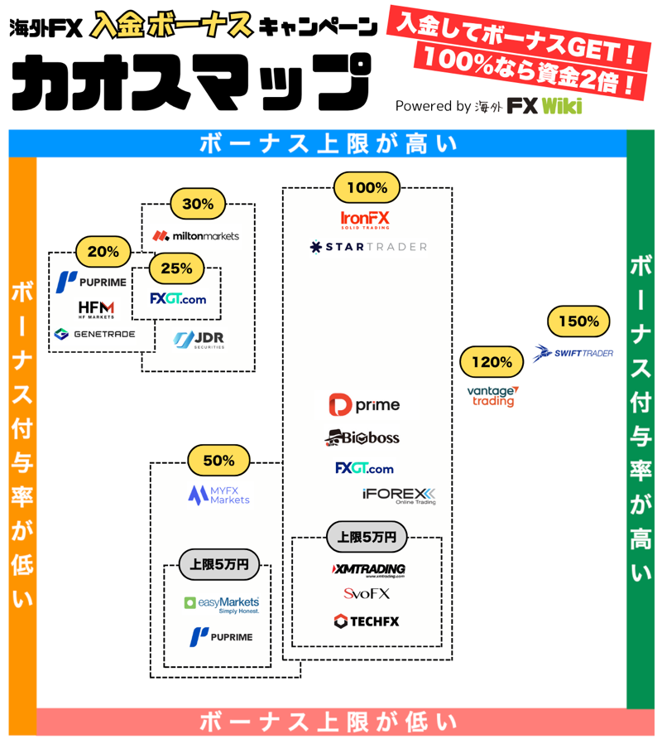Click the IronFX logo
click(365, 220)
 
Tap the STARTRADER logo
click(368, 247)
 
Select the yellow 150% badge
click(578, 321)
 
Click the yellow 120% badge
click(492, 362)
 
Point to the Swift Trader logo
click(573, 354)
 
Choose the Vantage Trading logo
click(492, 396)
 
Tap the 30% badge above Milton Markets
click(198, 203)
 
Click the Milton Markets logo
click(196, 236)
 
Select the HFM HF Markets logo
click(96, 309)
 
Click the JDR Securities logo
click(199, 340)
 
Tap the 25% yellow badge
click(177, 268)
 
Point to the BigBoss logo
click(362, 437)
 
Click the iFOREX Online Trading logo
click(399, 496)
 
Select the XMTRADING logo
click(367, 570)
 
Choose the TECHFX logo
click(367, 621)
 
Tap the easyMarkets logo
click(222, 604)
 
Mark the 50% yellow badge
click(218, 461)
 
